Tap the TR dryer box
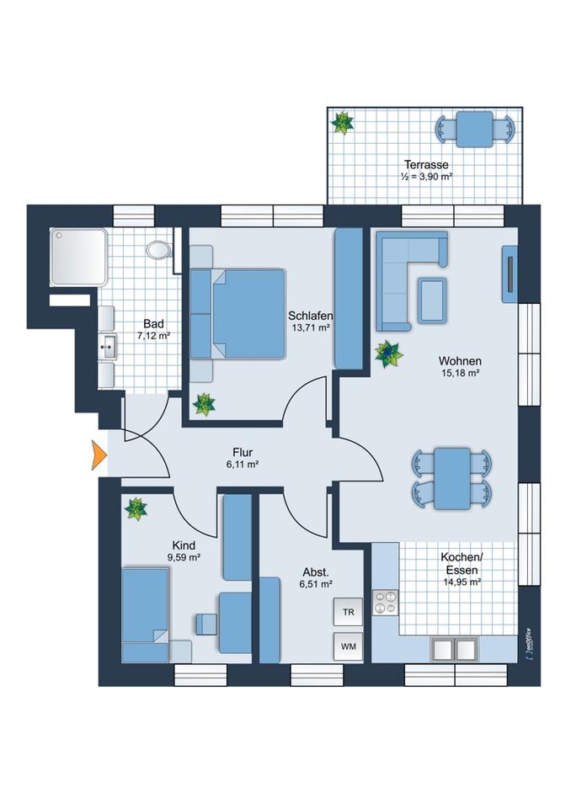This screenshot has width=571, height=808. [348, 612]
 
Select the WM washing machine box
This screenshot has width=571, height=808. [348, 647]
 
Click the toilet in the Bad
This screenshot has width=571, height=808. [157, 249]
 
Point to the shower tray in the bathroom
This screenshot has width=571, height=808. [78, 257]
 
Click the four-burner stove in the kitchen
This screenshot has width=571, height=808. [386, 603]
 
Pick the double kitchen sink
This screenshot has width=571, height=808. [455, 650]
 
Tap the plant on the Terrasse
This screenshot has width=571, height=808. [343, 124]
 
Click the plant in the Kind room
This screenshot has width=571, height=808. [136, 508]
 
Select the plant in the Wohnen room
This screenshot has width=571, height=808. [388, 353]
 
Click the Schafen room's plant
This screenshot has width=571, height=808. [204, 404]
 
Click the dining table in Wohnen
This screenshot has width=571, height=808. [452, 477]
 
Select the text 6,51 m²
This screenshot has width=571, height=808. [316, 583]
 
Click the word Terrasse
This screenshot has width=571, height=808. [426, 164]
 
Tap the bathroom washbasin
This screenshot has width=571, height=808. [107, 345]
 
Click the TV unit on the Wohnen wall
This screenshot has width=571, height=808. [510, 274]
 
